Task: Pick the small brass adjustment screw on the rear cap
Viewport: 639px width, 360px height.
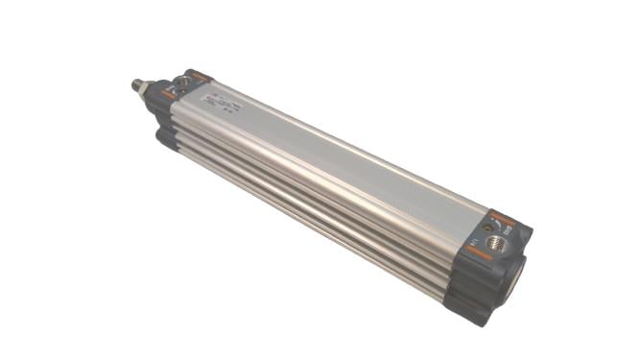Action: [487, 227]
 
